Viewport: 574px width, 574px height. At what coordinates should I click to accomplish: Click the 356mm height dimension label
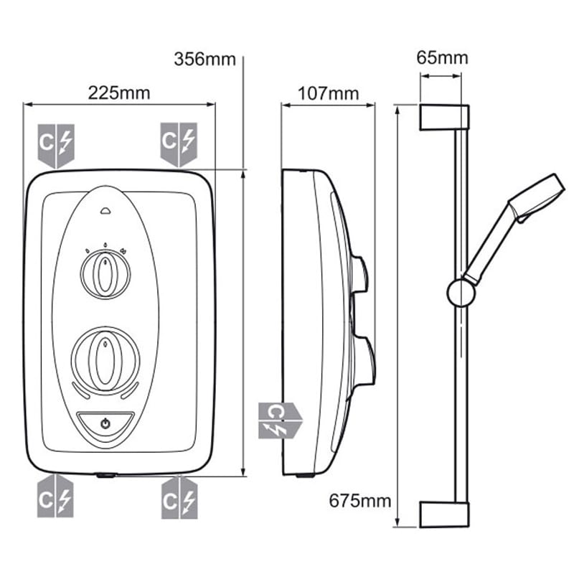pyautogui.click(x=204, y=59)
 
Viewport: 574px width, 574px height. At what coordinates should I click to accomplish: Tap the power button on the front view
pyautogui.click(x=105, y=423)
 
